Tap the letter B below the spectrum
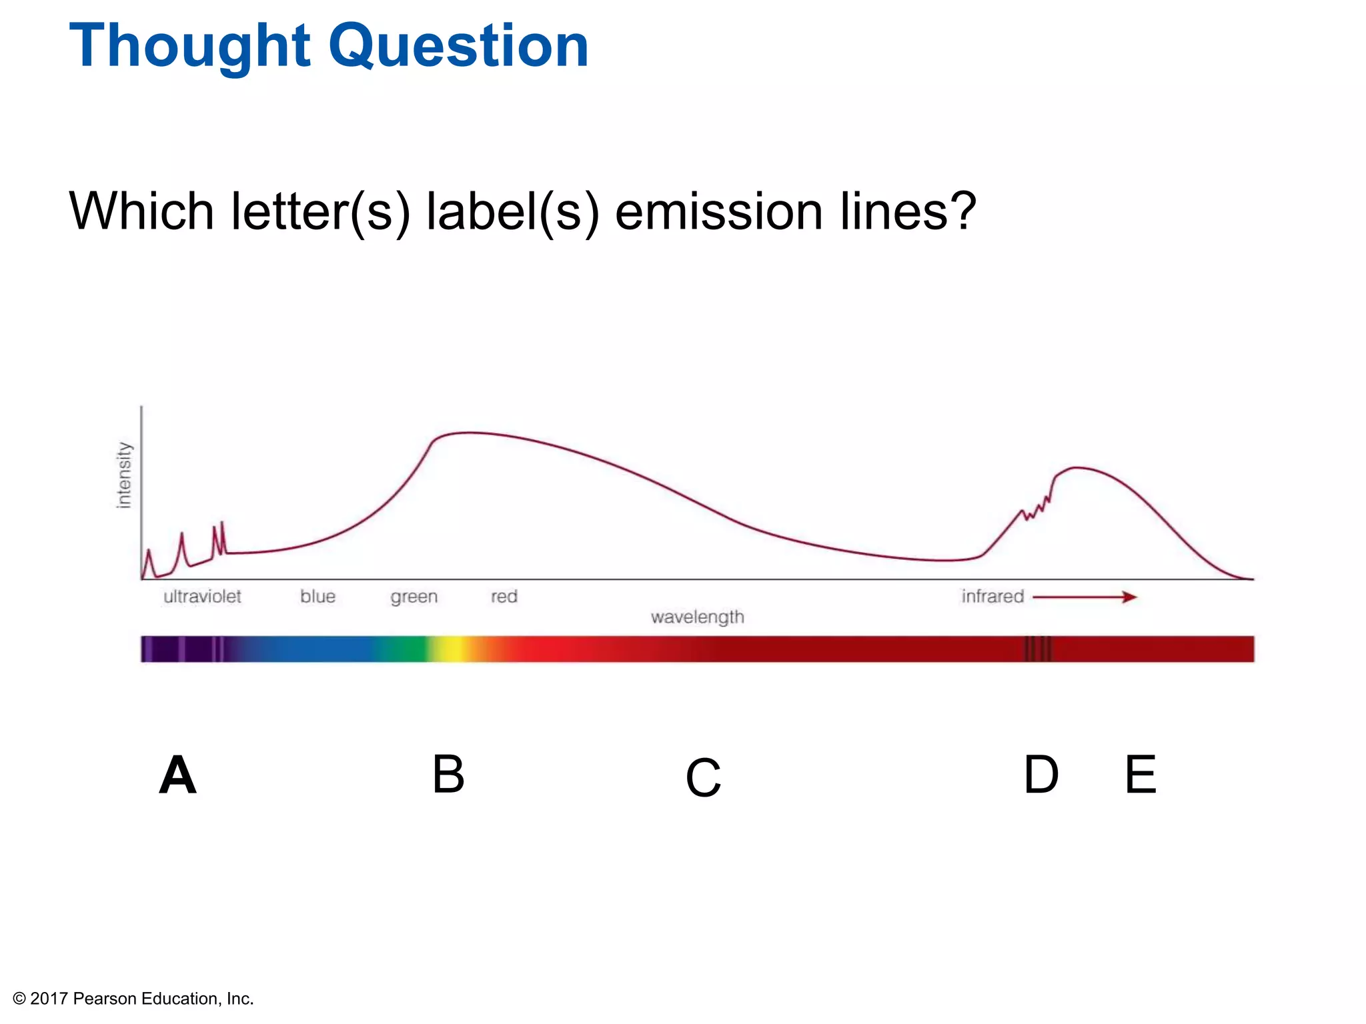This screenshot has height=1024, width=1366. click(448, 774)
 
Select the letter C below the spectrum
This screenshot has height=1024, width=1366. click(703, 777)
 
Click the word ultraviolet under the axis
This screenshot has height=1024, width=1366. click(202, 596)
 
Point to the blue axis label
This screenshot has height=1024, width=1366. click(317, 596)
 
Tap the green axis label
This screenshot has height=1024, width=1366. click(414, 597)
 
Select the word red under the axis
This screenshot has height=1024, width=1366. click(504, 596)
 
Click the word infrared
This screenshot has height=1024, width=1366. click(992, 596)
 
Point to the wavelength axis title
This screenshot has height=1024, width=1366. click(697, 617)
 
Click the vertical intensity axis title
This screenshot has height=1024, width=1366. click(124, 475)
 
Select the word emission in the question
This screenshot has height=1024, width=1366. click(718, 211)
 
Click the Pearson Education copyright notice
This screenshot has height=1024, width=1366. click(133, 998)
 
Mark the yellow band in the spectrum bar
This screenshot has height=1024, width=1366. click(454, 649)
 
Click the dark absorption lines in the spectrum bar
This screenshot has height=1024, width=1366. click(1038, 649)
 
